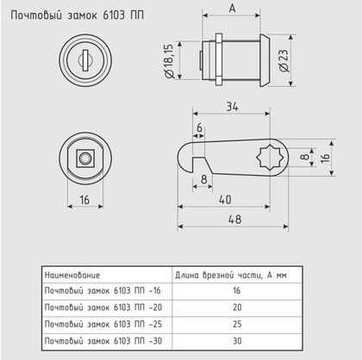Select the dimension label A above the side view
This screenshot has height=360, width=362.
click(x=234, y=10)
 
